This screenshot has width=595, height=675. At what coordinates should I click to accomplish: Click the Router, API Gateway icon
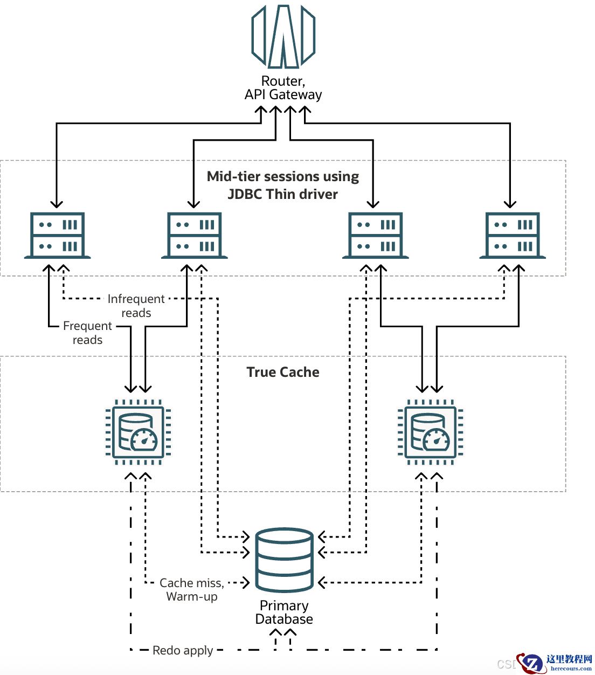pos(283,37)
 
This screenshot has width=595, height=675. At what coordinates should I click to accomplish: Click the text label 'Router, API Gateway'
pos(283,88)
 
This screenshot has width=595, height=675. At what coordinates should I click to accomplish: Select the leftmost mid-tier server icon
pos(57,236)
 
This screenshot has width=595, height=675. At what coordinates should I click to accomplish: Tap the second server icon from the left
pos(194,236)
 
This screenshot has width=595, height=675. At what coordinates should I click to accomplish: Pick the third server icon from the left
pos(375,236)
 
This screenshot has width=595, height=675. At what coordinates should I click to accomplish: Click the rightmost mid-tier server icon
pos(512,236)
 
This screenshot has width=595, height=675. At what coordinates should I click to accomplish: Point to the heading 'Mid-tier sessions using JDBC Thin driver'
pos(283,185)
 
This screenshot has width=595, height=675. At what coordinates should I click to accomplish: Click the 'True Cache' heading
pos(283,372)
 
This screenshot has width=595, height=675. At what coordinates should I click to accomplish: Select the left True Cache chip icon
pos(138,432)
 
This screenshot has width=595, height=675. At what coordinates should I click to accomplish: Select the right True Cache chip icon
pos(430,432)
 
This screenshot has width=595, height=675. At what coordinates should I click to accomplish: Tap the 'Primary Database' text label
pos(284,612)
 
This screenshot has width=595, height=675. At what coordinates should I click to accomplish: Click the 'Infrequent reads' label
pos(136,306)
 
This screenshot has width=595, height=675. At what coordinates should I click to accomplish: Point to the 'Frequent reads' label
pos(87,333)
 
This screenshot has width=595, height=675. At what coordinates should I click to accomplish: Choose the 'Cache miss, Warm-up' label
pos(191,589)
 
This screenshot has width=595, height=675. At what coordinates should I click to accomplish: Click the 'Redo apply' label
pos(183,650)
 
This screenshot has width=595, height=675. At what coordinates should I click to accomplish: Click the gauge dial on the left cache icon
pos(144,440)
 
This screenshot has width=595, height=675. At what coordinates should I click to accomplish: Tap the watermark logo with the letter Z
pos(532,663)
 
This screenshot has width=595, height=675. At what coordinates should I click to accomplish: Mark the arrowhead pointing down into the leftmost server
pos(57,204)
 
